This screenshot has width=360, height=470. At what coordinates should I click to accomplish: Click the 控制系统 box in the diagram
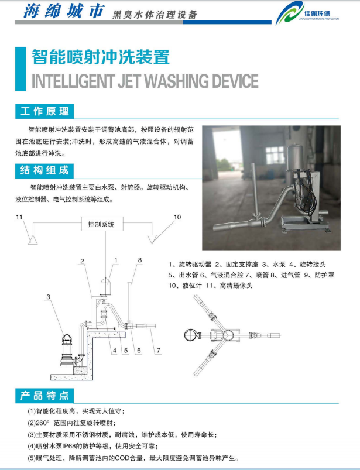pyautogui.click(x=102, y=224)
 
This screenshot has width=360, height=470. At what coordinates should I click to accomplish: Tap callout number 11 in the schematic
pyautogui.click(x=19, y=217)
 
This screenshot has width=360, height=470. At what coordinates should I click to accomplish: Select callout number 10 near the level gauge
pyautogui.click(x=177, y=217)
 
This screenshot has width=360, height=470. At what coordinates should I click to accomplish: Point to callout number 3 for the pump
pyautogui.click(x=48, y=297)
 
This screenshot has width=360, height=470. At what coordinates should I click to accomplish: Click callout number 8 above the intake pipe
pyautogui.click(x=140, y=260)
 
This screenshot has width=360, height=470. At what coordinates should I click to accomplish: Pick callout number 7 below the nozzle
pyautogui.click(x=158, y=350)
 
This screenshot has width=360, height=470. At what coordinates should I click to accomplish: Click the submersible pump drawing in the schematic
pyautogui.click(x=68, y=349)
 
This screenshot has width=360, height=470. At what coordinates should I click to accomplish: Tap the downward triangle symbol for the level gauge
pyautogui.click(x=152, y=239)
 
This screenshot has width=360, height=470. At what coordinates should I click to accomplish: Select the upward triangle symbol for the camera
pyautogui.click(x=33, y=240)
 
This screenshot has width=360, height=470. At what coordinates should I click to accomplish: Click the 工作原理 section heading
pyautogui.click(x=44, y=111)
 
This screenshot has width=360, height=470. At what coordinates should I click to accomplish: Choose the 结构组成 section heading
pyautogui.click(x=44, y=170)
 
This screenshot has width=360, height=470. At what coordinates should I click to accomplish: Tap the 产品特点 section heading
pyautogui.click(x=44, y=395)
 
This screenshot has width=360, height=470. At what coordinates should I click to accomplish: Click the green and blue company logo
pyautogui.click(x=290, y=13)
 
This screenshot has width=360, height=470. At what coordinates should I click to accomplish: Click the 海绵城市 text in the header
pyautogui.click(x=64, y=11)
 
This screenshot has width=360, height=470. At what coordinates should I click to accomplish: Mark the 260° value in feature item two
pyautogui.click(x=42, y=423)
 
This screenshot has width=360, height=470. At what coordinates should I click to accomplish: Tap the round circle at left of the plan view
pyautogui.click(x=190, y=335)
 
